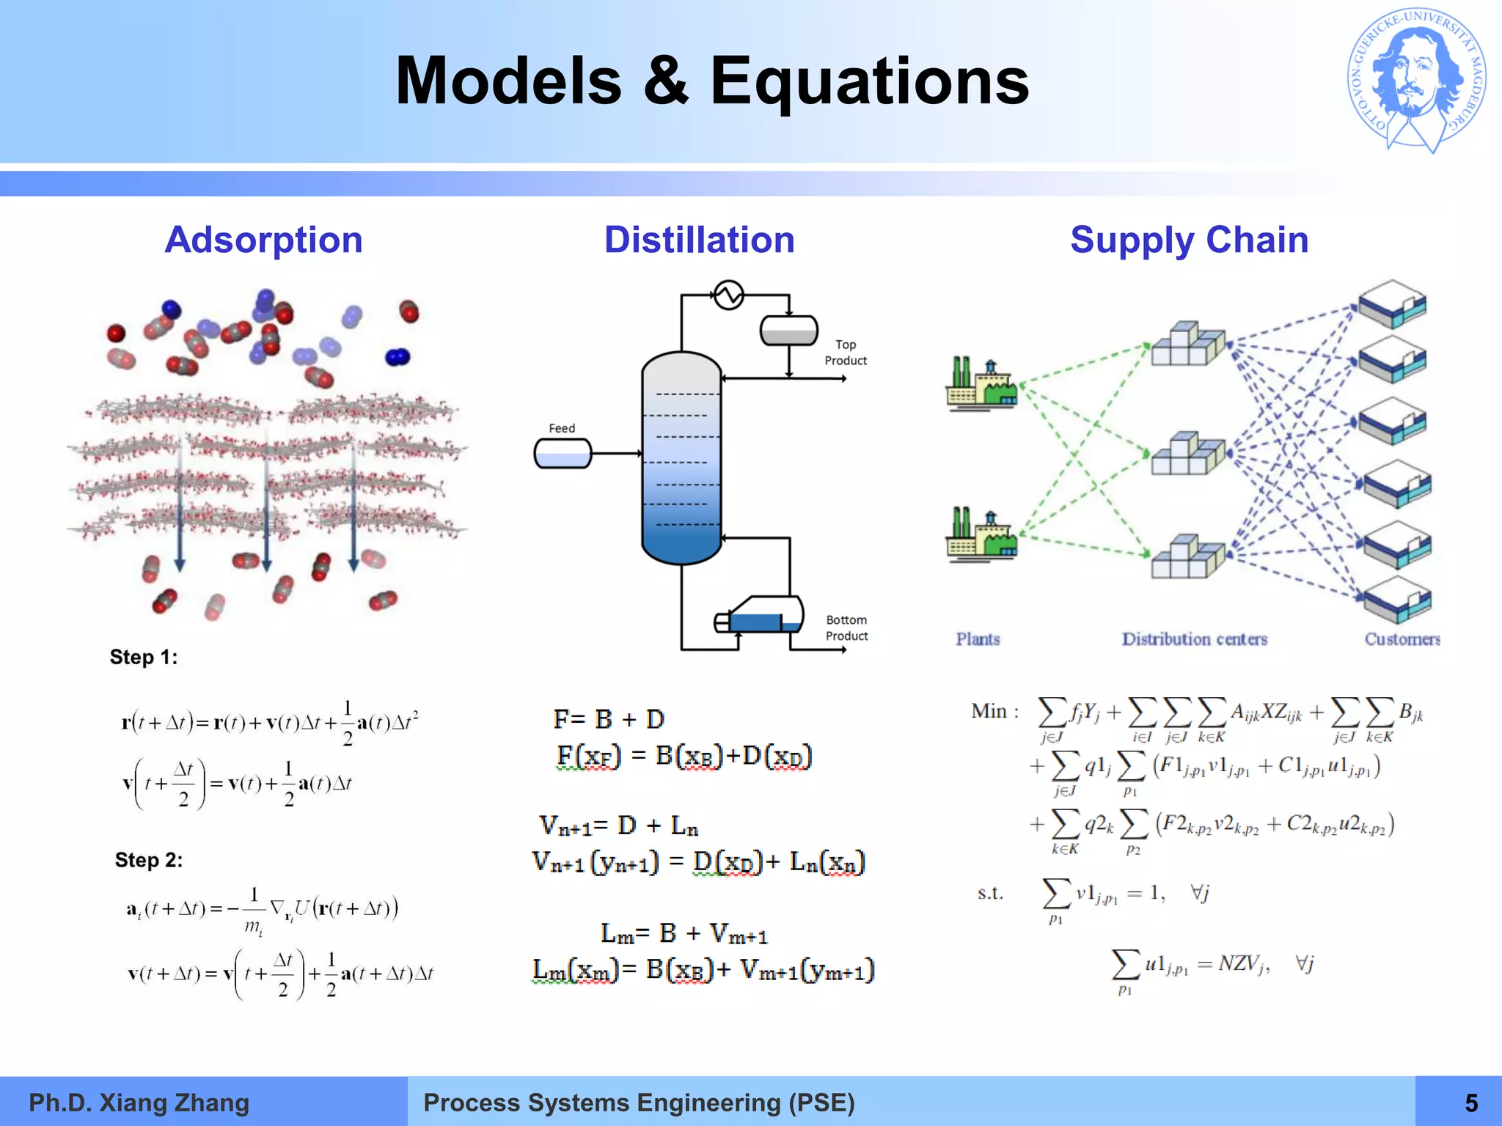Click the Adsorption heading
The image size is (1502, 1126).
pos(263,240)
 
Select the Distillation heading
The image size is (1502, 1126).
pos(699,240)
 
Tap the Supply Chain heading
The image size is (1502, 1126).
pos(1189,240)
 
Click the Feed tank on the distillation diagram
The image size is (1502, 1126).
pos(563,453)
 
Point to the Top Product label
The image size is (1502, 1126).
pos(845,353)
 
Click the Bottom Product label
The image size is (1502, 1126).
pos(846,628)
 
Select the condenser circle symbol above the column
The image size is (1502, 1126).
pos(728,295)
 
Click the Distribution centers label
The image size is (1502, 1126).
pos(1194,639)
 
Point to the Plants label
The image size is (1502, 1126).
pos(977,639)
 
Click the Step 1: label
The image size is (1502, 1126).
pos(144,658)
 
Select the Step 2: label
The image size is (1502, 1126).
pos(148,860)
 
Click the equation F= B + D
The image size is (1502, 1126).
pos(609,719)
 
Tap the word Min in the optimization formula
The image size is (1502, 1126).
pos(989,711)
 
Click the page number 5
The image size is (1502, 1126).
pos(1471,1103)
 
